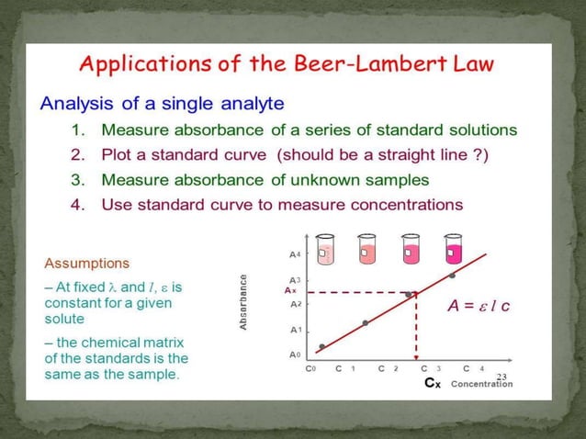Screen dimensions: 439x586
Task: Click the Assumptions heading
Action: (87, 263)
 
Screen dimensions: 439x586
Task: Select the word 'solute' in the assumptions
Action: (64, 319)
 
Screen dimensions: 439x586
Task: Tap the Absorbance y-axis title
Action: (243, 302)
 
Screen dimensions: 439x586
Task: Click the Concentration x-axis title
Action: (482, 384)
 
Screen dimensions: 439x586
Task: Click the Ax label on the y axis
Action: (289, 290)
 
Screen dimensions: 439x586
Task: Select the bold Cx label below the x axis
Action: (432, 384)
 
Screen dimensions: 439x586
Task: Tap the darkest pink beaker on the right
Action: (452, 249)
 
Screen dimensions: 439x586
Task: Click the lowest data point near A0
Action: (321, 346)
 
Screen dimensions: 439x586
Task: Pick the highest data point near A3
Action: (452, 276)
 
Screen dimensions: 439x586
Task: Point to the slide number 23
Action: (501, 377)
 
